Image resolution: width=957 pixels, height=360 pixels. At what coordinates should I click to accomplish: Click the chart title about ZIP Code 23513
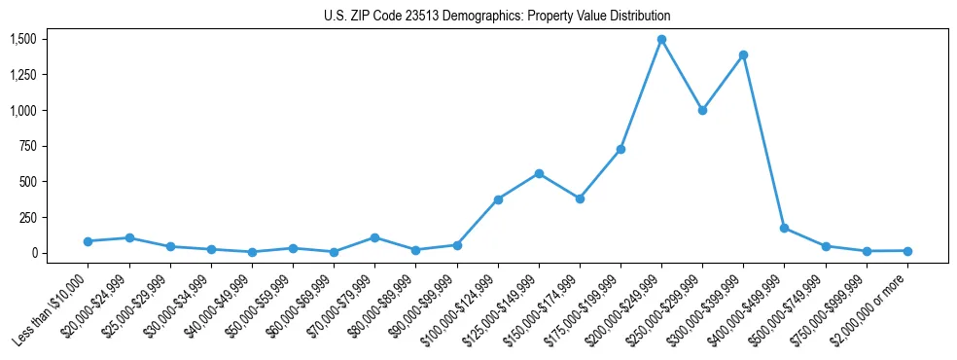click(x=497, y=17)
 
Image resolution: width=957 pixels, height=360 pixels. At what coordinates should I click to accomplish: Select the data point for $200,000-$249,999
click(x=661, y=40)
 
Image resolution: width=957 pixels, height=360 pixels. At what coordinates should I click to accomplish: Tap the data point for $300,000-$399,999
click(x=743, y=55)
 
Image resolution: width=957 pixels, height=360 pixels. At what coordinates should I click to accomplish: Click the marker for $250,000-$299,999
click(x=702, y=110)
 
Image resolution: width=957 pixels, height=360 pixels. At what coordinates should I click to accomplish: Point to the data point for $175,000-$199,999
click(x=620, y=149)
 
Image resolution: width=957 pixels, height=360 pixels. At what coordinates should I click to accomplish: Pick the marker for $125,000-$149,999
click(x=539, y=173)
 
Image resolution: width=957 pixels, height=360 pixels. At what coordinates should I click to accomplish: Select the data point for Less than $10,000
click(x=88, y=241)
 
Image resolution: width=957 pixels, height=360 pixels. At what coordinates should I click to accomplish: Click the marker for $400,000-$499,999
click(x=784, y=229)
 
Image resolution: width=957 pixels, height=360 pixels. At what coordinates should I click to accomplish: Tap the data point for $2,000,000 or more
click(x=907, y=251)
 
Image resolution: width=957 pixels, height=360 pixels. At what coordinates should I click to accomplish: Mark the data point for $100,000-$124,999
click(x=498, y=199)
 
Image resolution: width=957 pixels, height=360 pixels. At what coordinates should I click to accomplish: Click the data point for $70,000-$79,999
click(x=374, y=237)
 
